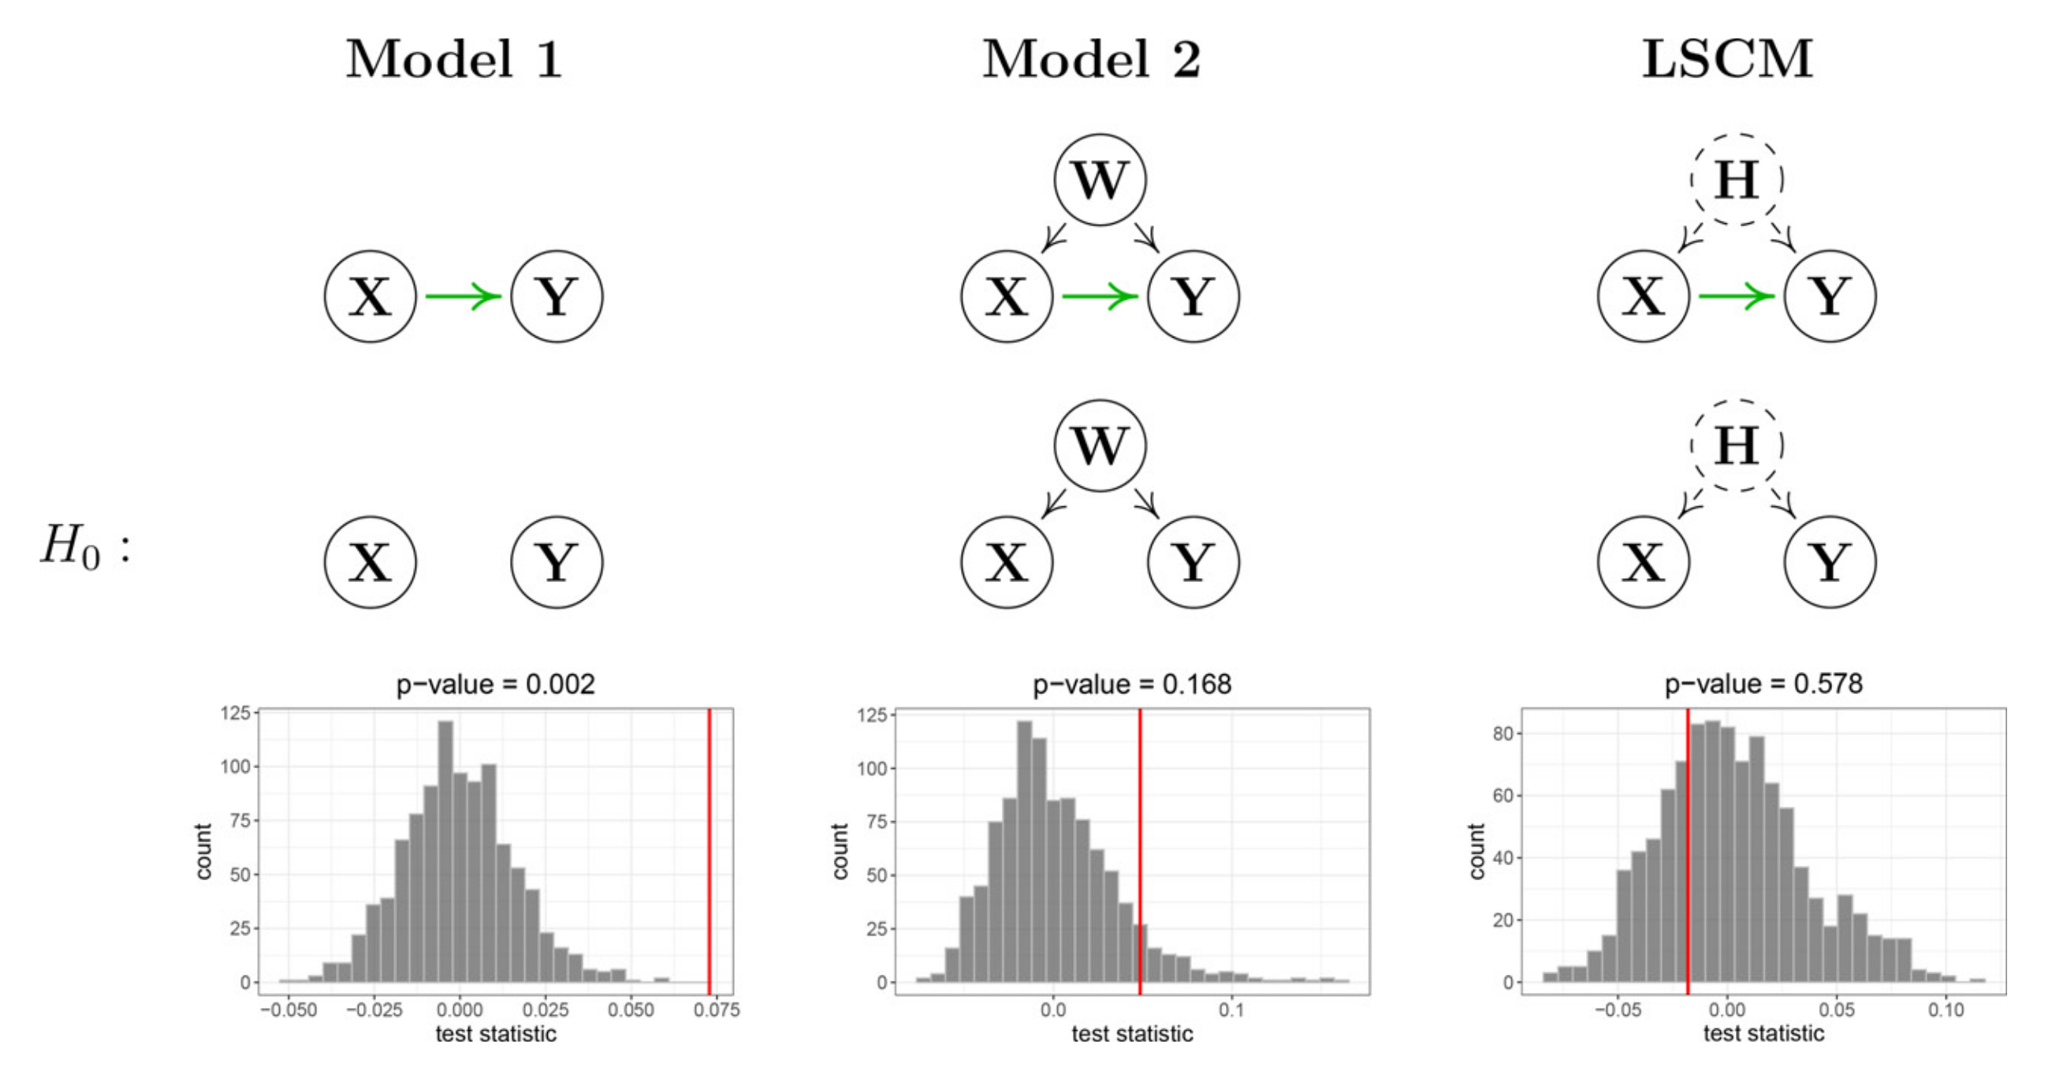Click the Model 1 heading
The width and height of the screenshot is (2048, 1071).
(454, 60)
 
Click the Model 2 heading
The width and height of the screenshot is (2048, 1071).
(1091, 60)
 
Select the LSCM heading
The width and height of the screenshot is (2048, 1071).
(1727, 60)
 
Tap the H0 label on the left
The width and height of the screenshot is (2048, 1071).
(84, 549)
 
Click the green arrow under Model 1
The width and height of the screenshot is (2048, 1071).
(463, 297)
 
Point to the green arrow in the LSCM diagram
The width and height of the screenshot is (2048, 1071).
(1737, 297)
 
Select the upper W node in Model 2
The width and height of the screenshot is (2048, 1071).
(1100, 180)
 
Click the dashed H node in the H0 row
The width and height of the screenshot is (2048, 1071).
(1737, 446)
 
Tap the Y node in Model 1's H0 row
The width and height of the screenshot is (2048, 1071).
(557, 562)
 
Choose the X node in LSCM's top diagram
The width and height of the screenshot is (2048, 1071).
(1644, 297)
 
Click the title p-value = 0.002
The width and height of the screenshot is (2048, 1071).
(495, 684)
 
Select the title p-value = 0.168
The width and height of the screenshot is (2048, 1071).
(1131, 684)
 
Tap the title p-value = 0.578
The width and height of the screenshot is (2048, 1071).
(1763, 684)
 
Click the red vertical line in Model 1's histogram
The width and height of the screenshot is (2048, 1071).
(709, 851)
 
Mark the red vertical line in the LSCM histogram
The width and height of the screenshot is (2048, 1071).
(1688, 851)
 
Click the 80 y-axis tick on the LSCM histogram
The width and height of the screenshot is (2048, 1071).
(1502, 734)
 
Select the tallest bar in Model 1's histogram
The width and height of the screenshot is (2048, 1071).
(445, 851)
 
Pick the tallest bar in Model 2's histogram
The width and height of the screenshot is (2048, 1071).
(1025, 851)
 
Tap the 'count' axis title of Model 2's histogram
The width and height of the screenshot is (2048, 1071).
(840, 851)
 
